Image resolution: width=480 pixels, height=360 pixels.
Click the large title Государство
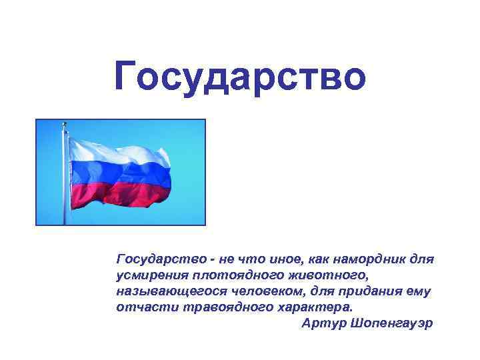pos(240,75)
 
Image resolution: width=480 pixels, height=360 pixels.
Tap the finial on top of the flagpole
pos(65,124)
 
